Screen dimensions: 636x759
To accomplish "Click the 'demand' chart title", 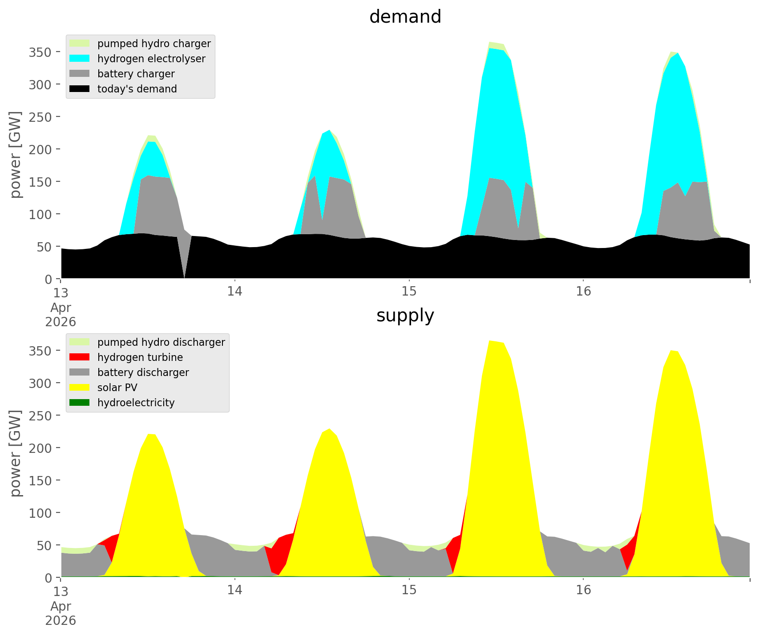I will click(405, 17).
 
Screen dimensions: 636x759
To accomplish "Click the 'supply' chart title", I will click(405, 316).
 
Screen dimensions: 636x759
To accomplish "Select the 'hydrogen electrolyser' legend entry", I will click(151, 59).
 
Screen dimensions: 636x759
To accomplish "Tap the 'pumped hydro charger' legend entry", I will click(154, 44).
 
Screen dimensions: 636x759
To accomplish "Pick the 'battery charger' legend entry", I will click(136, 74).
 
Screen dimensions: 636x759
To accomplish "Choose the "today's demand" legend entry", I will click(137, 89).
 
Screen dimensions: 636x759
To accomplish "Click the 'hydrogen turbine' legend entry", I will click(140, 357).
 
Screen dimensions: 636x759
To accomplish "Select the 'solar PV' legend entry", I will click(117, 388).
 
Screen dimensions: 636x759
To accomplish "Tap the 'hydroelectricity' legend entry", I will click(136, 403).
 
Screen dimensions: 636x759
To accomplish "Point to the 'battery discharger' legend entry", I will click(143, 372).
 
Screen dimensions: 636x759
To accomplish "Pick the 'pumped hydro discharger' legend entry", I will click(161, 342).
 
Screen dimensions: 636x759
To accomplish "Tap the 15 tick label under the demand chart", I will click(409, 292).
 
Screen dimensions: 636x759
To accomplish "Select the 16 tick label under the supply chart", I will click(583, 591).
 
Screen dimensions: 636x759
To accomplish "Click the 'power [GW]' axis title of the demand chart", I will click(16, 154).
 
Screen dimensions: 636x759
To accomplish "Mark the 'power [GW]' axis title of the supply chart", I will click(16, 453).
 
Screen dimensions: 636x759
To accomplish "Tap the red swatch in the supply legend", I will click(80, 357).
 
